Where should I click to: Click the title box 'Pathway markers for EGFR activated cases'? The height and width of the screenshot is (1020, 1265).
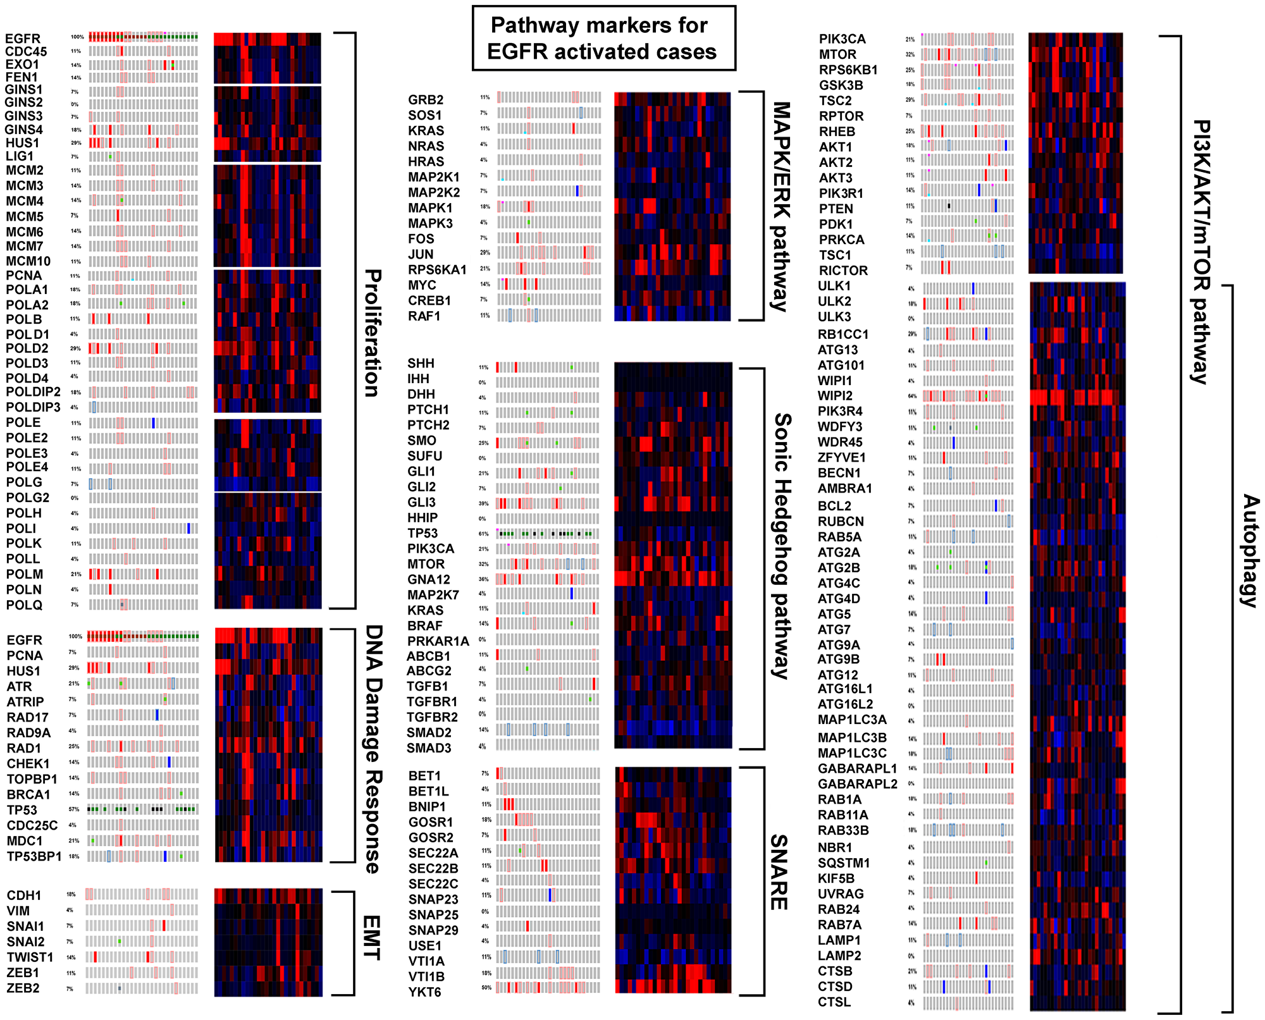[x=603, y=39]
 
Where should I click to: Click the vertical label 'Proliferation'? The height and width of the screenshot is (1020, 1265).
[x=373, y=333]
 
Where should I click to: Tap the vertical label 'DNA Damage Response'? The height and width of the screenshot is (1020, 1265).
[x=374, y=749]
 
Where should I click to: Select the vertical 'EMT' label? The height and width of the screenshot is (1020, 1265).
[x=371, y=938]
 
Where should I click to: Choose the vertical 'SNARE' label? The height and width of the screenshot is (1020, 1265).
[x=779, y=872]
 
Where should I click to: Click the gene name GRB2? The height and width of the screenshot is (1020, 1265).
[x=426, y=100]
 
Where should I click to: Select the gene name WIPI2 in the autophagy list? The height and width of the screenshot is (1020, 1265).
[x=835, y=396]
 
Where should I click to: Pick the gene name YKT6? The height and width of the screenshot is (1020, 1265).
[x=424, y=992]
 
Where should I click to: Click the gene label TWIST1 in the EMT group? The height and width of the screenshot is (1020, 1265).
[x=30, y=957]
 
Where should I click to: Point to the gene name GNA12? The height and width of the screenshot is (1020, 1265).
[x=429, y=579]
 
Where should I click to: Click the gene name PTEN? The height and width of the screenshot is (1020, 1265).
[x=836, y=209]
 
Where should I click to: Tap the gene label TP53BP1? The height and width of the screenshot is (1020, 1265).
[x=34, y=857]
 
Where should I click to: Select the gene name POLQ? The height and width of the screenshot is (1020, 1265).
[x=24, y=605]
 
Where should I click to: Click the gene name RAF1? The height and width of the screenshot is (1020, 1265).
[x=424, y=316]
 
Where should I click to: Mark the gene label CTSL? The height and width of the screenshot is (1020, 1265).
[x=834, y=1002]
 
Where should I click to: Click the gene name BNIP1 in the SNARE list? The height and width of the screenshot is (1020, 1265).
[x=427, y=807]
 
